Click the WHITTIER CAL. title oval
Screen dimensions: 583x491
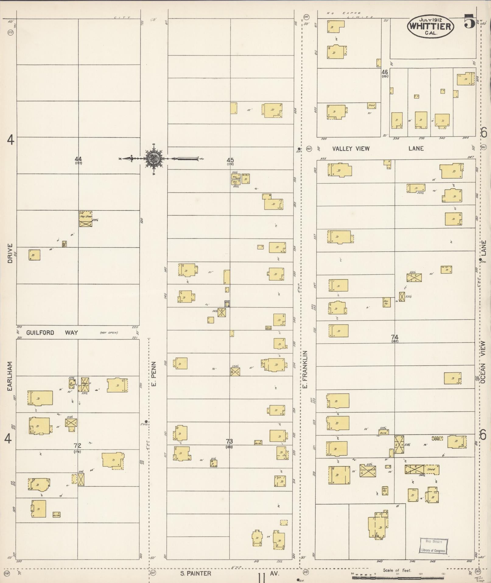pos(430,26)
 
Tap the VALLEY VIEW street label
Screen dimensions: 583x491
pos(351,149)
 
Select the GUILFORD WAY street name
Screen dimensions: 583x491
pos(52,332)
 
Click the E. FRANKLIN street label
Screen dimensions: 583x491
pos(305,369)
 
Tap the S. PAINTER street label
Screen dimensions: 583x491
pos(195,573)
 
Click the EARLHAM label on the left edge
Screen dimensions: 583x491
pos(10,376)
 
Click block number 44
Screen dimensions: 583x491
pos(78,159)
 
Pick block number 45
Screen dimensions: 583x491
pos(230,160)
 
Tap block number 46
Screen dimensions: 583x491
pos(384,72)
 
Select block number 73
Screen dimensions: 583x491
pos(229,441)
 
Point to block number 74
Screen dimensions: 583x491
pos(395,337)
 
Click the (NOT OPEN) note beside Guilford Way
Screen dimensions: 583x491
pos(109,333)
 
